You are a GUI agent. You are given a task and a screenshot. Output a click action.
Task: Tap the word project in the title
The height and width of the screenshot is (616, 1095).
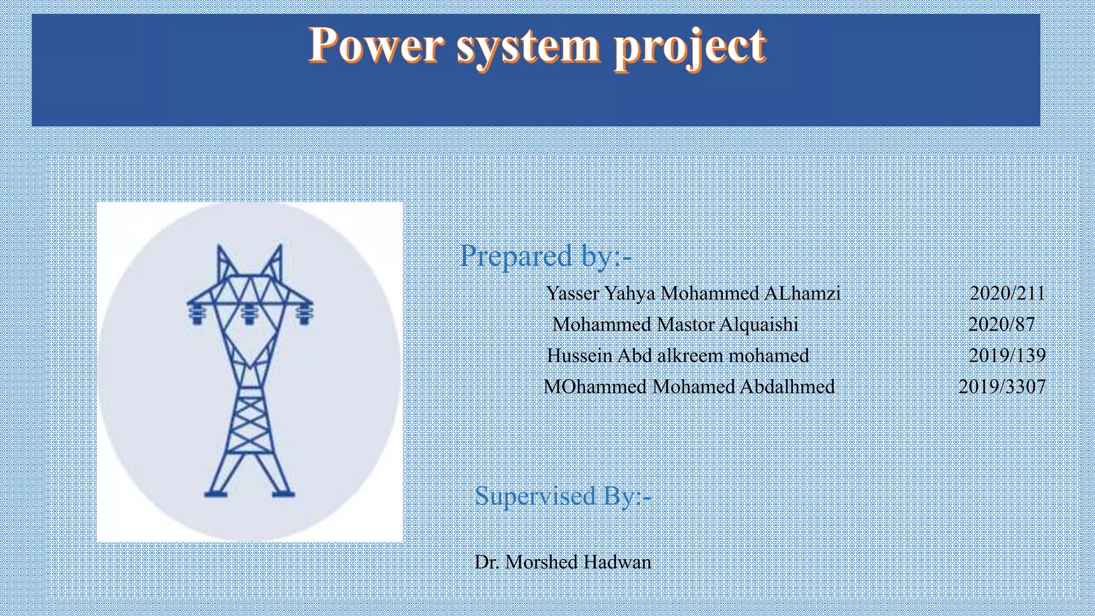pos(690,48)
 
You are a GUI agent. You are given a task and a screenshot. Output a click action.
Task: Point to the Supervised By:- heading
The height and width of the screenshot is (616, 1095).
pos(562,496)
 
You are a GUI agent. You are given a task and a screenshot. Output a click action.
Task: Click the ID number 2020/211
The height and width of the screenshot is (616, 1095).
pos(1007,293)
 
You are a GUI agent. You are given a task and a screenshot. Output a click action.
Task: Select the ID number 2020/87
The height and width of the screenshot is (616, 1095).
pos(1001,324)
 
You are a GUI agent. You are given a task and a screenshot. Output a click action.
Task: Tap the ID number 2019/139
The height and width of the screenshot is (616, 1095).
pos(1007,355)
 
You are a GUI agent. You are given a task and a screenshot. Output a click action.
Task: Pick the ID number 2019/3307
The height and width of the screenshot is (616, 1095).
pos(1002,386)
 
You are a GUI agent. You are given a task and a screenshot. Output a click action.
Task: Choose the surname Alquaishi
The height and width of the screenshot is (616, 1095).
pos(759,324)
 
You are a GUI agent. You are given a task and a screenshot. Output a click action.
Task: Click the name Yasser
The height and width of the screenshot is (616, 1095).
pos(572,293)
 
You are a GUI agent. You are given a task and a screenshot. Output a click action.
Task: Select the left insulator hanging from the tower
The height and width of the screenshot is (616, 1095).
pos(197,314)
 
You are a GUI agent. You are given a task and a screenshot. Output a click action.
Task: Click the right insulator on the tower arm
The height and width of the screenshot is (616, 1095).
pos(304,314)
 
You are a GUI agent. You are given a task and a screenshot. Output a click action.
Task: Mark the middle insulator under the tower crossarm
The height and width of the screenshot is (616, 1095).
pos(249,314)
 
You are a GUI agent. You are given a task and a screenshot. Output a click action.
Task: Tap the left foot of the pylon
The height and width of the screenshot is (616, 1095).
pos(216,494)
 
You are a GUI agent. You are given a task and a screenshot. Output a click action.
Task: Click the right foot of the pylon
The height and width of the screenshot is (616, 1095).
pos(283,494)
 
